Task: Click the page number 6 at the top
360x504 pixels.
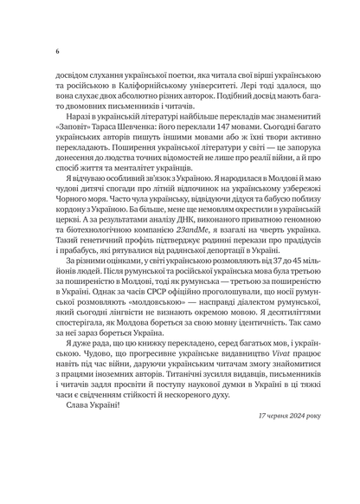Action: (x=56, y=50)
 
